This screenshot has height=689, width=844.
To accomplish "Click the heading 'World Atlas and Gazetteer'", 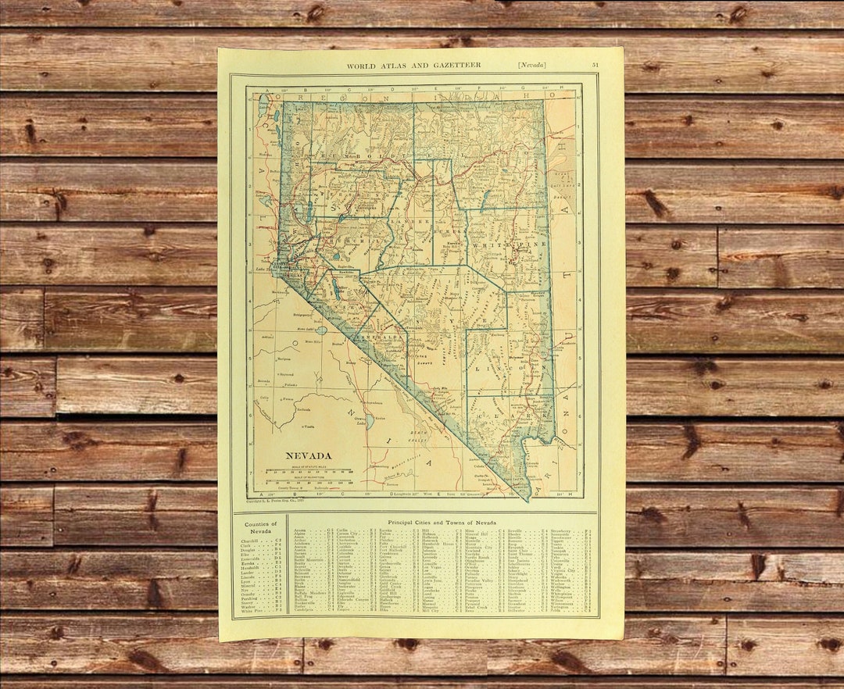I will coord(413,65).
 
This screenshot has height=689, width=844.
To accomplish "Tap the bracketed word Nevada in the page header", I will coord(531,65).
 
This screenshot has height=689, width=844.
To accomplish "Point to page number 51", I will coord(596,65).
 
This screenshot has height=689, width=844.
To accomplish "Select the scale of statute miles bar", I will coord(309,471).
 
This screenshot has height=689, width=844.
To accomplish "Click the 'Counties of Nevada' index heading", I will coord(260,528).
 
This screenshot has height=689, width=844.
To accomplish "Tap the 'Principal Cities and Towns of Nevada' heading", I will coord(442,521).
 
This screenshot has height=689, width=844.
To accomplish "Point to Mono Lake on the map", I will coord(321,330).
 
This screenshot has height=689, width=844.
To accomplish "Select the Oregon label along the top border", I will coord(352,97).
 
